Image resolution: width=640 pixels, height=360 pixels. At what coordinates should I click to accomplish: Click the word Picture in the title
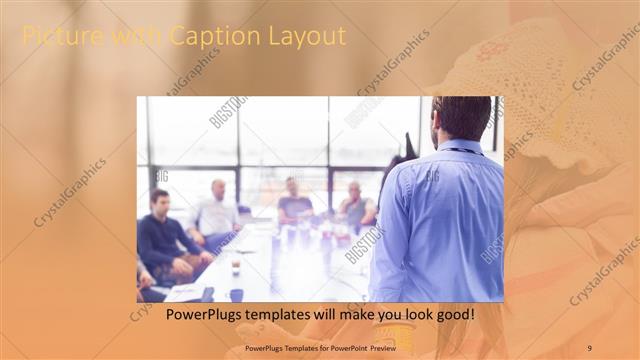[x=56, y=37]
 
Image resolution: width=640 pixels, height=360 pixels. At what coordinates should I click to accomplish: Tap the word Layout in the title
[x=305, y=37]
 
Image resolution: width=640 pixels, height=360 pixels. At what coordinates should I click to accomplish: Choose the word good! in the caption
[x=454, y=315]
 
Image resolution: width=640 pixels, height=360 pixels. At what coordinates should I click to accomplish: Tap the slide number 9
[x=590, y=347]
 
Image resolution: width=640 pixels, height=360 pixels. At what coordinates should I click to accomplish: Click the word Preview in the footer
[x=376, y=347]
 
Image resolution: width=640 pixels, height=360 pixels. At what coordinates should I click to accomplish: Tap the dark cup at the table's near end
[x=236, y=294]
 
